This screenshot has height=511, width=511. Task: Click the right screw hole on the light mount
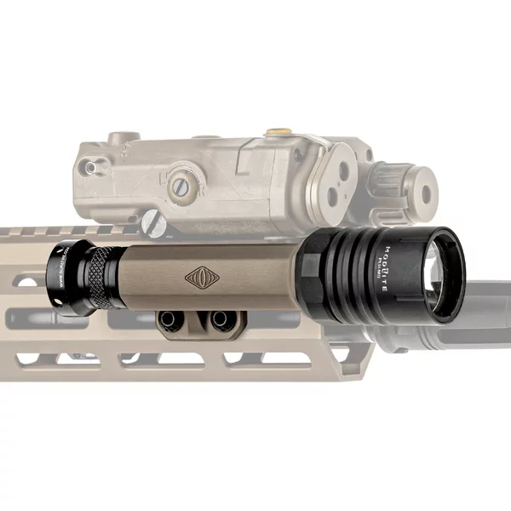pyautogui.click(x=221, y=319)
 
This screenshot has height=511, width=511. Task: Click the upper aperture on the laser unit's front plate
pyautogui.click(x=342, y=170)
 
